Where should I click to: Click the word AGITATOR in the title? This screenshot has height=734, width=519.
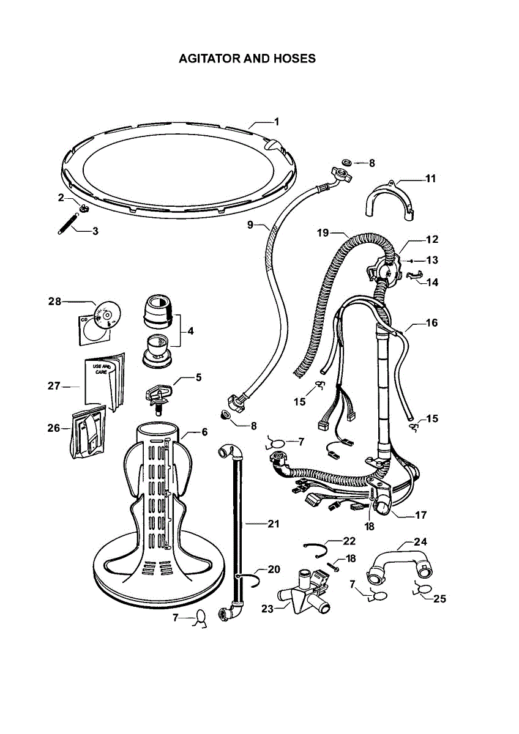click(x=208, y=59)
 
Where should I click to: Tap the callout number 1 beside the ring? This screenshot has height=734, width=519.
click(x=276, y=122)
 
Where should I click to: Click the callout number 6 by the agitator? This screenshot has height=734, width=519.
click(x=204, y=432)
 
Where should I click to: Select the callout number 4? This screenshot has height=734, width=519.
click(x=190, y=332)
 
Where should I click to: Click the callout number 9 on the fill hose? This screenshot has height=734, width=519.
click(x=250, y=225)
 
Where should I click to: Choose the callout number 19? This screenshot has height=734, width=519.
click(x=323, y=232)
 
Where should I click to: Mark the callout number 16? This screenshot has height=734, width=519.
click(x=431, y=322)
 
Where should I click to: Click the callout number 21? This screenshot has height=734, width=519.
click(x=273, y=524)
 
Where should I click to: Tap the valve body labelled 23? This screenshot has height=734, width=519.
click(x=300, y=594)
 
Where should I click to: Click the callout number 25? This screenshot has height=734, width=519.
click(x=439, y=599)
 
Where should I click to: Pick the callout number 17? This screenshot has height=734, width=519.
click(x=420, y=515)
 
